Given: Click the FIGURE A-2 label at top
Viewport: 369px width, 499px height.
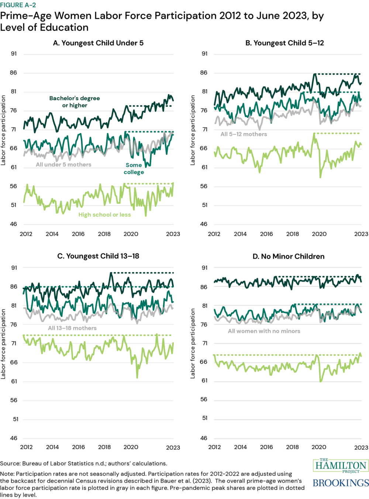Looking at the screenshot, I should [x=18, y=5].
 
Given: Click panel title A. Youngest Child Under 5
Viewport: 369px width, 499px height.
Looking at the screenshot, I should [x=98, y=43].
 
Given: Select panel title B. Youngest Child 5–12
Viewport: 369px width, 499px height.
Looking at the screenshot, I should [x=284, y=43].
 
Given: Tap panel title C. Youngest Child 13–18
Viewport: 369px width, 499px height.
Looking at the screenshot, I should [x=98, y=256].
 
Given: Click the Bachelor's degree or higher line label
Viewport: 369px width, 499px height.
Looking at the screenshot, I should [x=75, y=102].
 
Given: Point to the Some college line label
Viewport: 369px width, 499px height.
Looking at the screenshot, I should [x=134, y=169].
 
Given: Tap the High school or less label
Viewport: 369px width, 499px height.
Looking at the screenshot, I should [x=104, y=215].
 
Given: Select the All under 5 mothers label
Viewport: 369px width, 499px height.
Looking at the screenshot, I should [x=63, y=165].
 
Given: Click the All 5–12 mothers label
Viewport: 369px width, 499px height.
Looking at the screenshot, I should [x=244, y=134].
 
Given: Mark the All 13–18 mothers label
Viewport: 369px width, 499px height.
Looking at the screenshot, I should [x=72, y=328].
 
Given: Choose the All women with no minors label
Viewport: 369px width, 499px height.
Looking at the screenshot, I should [x=264, y=331].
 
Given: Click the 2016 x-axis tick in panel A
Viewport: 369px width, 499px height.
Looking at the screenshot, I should [x=78, y=234].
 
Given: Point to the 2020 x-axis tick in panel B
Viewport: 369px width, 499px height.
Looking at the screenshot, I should [x=319, y=234].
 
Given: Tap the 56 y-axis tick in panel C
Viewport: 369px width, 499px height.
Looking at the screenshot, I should [x=14, y=400].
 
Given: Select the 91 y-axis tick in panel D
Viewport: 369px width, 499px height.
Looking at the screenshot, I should [x=204, y=268].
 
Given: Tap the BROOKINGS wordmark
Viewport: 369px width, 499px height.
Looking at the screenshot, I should [x=341, y=483].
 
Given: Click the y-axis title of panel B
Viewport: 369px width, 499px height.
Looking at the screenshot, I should [x=193, y=130].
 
